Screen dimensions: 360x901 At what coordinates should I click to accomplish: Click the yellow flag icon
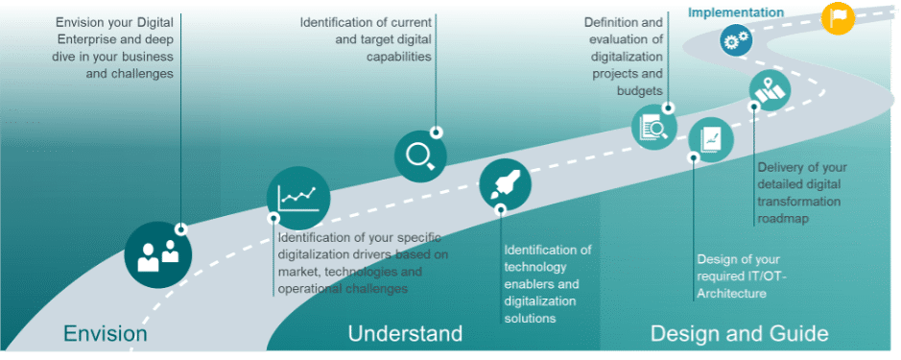pos(838,17)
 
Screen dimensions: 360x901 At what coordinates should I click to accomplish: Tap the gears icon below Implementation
pos(736,40)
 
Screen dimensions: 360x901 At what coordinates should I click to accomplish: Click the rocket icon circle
pos(505,182)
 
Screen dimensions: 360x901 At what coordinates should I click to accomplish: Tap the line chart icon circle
pos(298,198)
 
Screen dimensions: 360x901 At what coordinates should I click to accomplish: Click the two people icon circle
pos(158,254)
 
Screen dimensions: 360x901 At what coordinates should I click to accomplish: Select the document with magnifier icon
pos(654,128)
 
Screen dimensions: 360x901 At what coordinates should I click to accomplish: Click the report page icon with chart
pos(710,139)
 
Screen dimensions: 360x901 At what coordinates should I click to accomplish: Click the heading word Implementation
pos(735,12)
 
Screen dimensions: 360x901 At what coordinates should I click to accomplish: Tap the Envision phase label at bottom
pos(105,334)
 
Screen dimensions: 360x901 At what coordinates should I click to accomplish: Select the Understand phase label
pos(405,334)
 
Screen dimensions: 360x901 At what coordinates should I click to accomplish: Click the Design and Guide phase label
pos(739,334)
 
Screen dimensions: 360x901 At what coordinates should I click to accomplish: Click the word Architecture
pos(731,294)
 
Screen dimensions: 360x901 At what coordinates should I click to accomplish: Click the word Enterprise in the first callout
pos(86,38)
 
